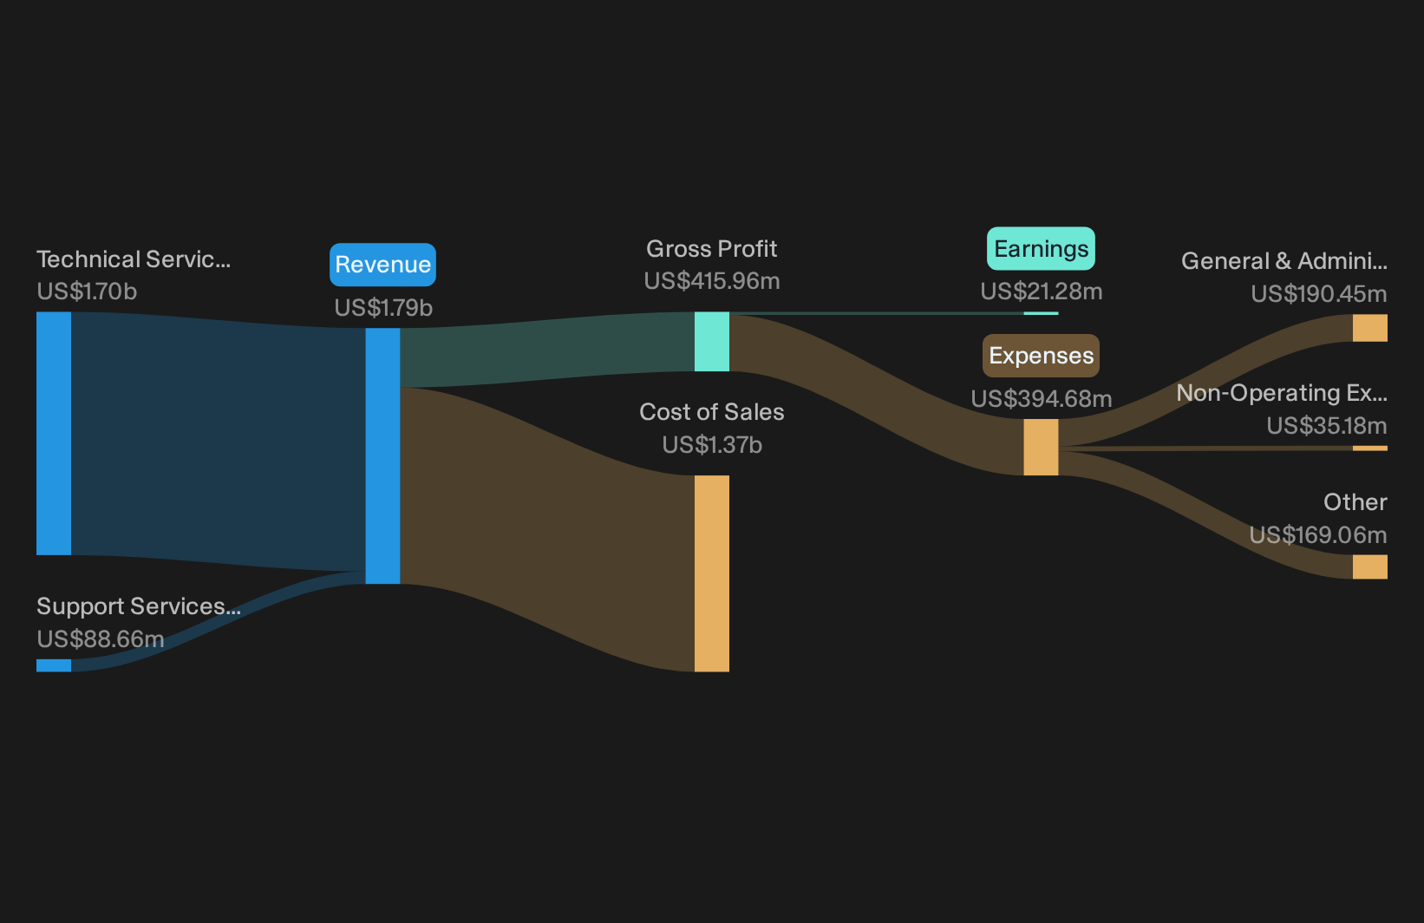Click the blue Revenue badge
pos(382,265)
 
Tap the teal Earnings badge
pos(1041,249)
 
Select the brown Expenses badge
pos(1041,356)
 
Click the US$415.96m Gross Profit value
pos(711,280)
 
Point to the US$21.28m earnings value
pos(1041,291)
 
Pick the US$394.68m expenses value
pos(1041,399)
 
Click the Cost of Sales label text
pos(711,411)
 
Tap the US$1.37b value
pos(711,445)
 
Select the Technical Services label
pos(134,259)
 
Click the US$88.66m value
pos(101,638)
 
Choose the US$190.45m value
pos(1318,294)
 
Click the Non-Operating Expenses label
pos(1282,393)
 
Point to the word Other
pos(1355,502)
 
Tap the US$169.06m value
pos(1318,535)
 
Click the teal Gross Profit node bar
pos(711,342)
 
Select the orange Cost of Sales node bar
pos(711,573)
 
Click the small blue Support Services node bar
pos(54,665)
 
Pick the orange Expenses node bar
pos(1041,448)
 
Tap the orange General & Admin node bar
pos(1370,328)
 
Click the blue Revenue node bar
pos(382,456)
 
